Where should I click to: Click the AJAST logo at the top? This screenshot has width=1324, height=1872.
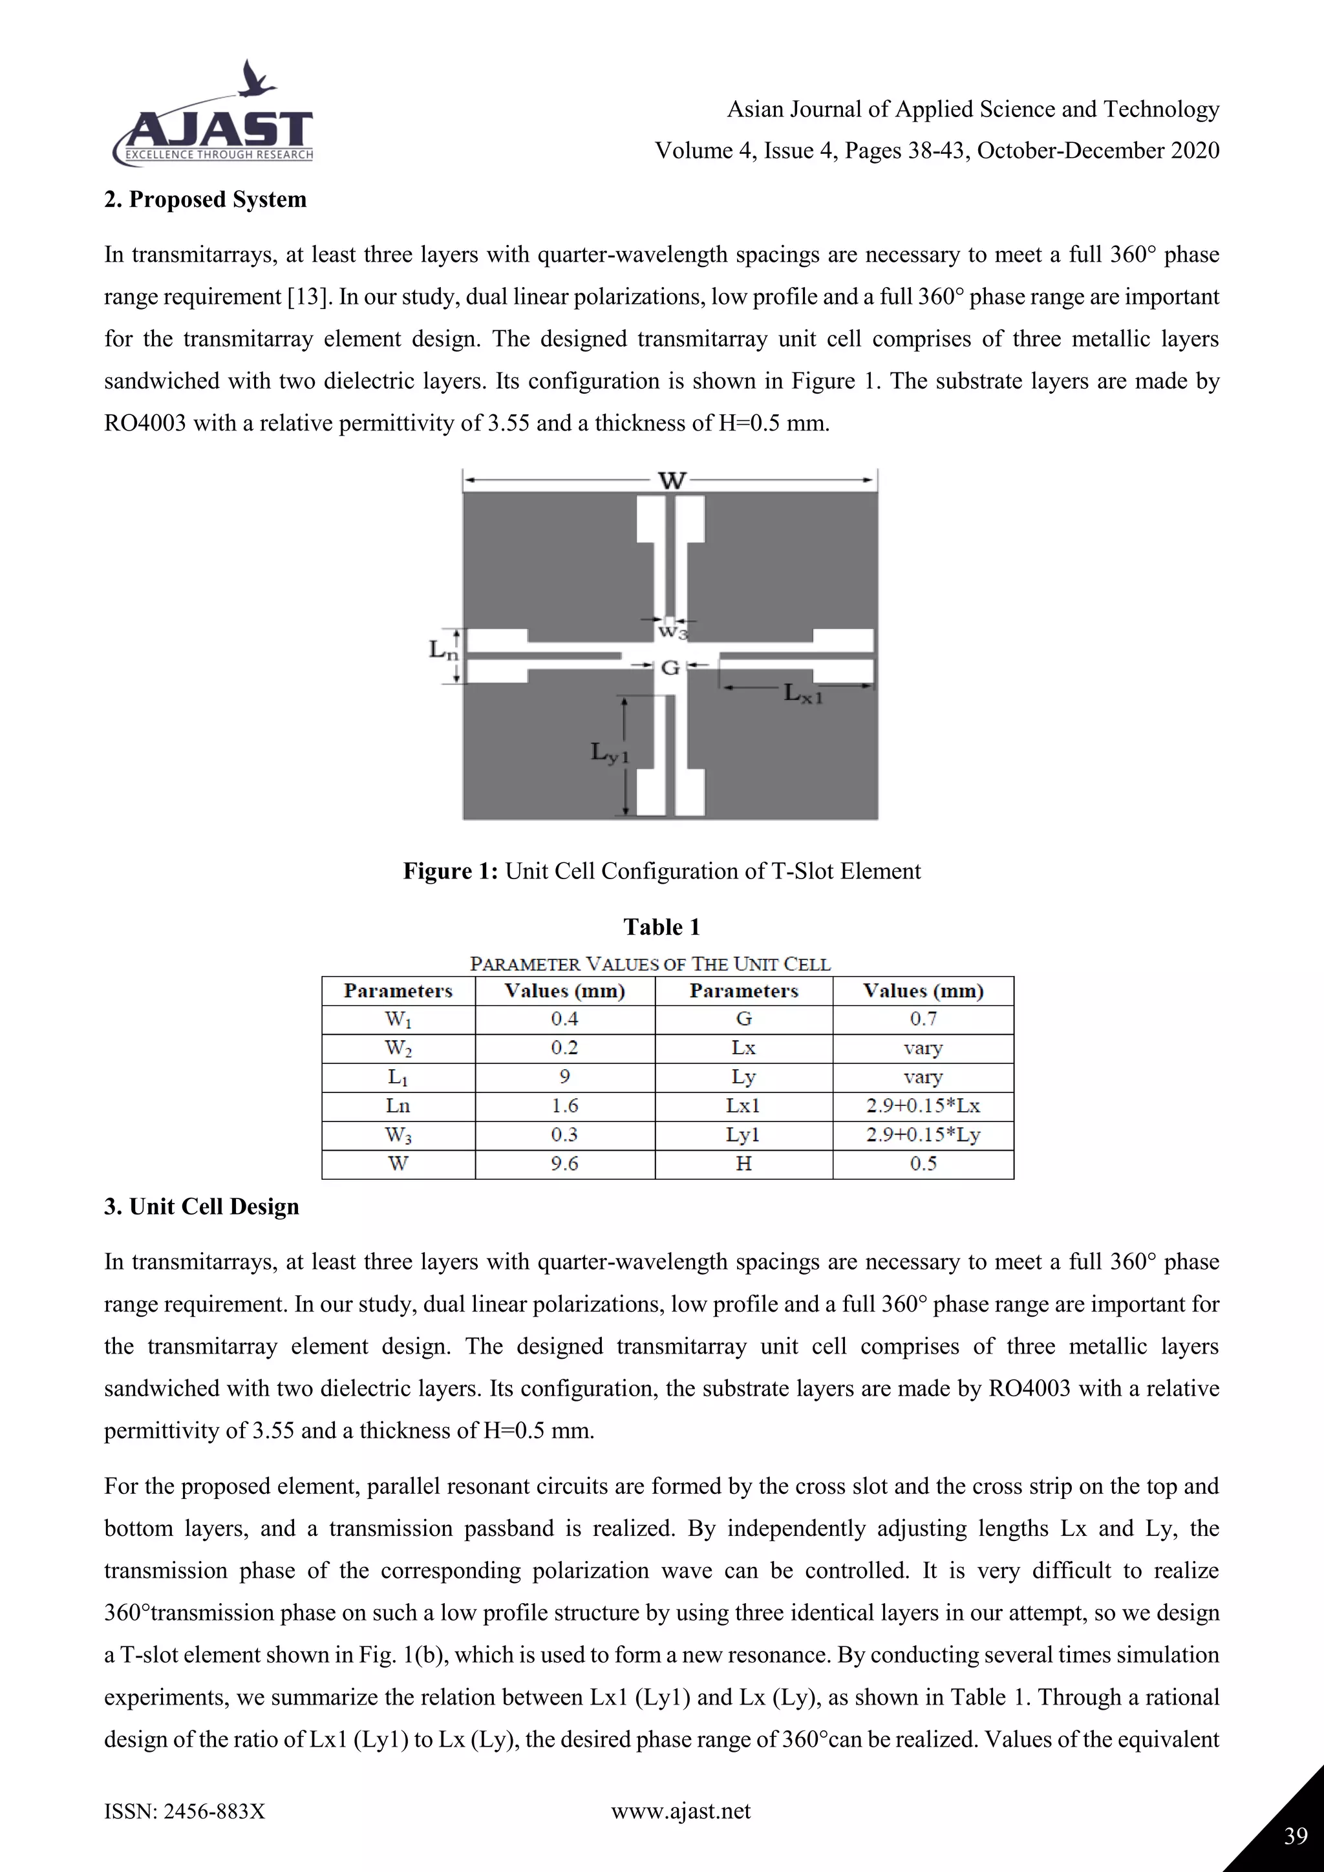[213, 134]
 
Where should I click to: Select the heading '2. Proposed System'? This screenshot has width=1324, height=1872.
[206, 200]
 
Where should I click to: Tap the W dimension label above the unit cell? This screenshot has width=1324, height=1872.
[672, 481]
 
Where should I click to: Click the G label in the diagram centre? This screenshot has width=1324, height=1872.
[670, 668]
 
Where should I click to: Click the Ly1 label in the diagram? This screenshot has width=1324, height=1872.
[609, 752]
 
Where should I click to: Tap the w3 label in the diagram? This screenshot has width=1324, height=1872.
[672, 630]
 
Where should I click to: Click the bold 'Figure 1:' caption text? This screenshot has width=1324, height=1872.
[450, 871]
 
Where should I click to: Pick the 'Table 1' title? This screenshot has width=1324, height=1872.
[661, 927]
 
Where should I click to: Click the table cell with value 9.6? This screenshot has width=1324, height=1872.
[564, 1164]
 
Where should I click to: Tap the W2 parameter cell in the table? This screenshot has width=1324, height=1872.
[398, 1048]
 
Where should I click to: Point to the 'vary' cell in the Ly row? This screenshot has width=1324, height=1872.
[923, 1077]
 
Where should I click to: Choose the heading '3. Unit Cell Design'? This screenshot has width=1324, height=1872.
[201, 1207]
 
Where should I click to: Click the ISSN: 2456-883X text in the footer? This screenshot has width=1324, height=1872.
[184, 1812]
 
